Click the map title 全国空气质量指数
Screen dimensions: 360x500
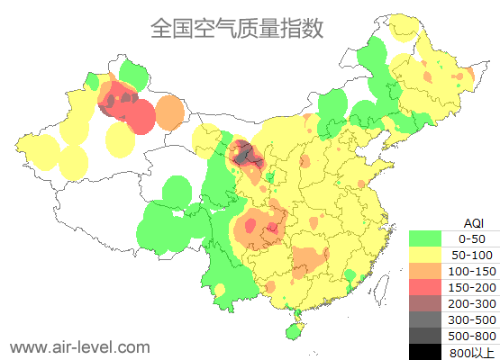point(237,28)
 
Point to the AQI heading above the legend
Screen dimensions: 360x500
point(474,222)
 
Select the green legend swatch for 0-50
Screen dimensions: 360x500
point(424,238)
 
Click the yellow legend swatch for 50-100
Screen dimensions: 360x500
point(424,255)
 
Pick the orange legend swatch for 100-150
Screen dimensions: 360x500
point(424,271)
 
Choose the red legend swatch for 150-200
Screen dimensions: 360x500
point(424,287)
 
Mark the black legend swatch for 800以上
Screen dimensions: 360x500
point(424,352)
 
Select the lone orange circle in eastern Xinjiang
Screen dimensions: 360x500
point(168,112)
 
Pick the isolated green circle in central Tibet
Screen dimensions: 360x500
point(176,192)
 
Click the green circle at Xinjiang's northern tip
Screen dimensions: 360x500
point(132,72)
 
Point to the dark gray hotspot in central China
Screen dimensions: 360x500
point(250,157)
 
